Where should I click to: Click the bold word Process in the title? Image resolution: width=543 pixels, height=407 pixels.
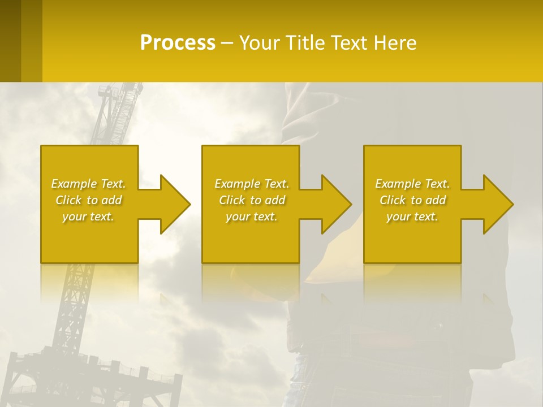[x=178, y=42]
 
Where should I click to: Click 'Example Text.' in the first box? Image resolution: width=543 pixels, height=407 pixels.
[x=89, y=184]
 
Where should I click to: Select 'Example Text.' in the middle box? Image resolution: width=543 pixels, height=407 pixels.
[x=252, y=184]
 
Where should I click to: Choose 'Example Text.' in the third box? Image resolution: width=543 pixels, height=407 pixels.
[x=412, y=184]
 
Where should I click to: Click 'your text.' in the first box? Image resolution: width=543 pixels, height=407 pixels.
[x=89, y=217]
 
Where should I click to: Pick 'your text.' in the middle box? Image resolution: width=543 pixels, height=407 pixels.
[x=252, y=217]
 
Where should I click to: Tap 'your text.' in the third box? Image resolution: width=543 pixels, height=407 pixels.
[x=412, y=217]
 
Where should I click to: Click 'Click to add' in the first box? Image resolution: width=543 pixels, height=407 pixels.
[x=89, y=200]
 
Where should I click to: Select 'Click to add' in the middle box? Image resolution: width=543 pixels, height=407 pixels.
[x=252, y=200]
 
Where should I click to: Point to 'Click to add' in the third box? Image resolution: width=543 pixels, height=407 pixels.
[x=412, y=200]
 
